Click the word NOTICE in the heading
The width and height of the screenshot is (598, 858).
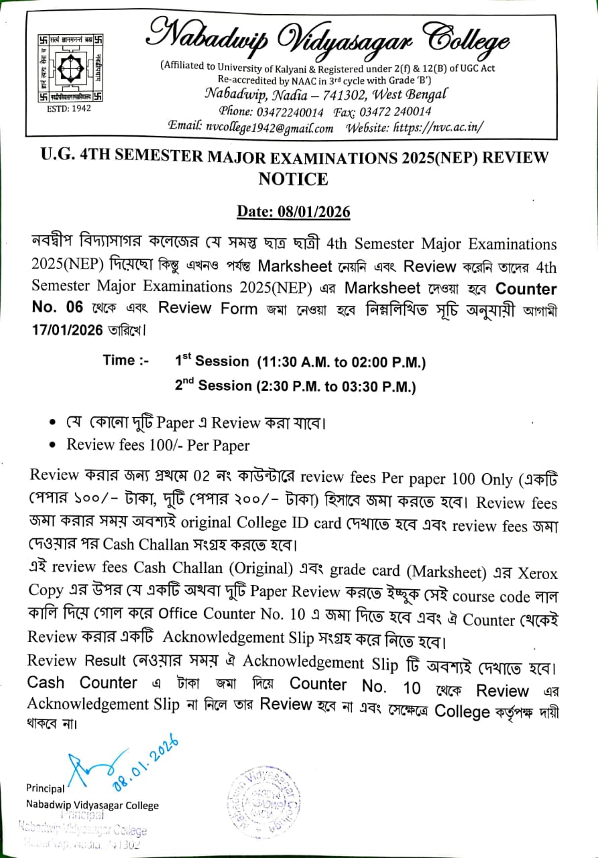(x=293, y=179)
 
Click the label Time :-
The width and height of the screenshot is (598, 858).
(x=127, y=361)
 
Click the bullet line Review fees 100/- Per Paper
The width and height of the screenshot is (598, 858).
(x=158, y=445)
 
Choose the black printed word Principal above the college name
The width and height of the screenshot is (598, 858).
(x=46, y=788)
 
